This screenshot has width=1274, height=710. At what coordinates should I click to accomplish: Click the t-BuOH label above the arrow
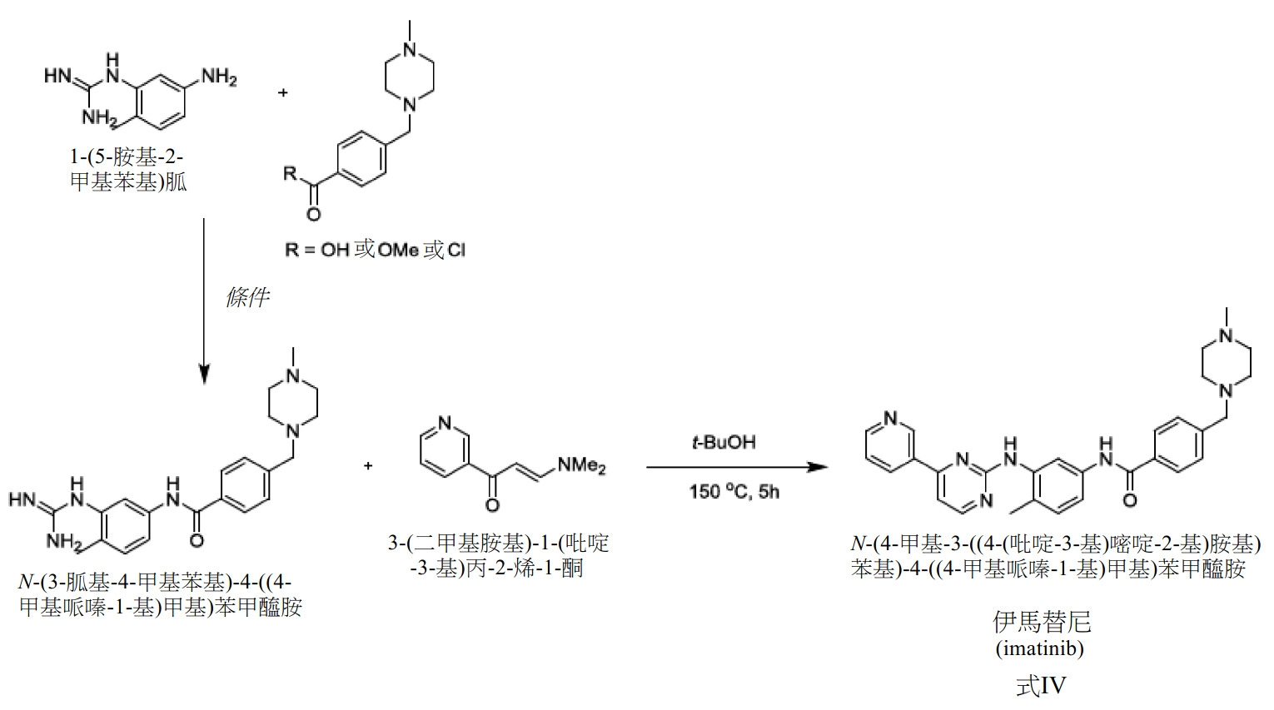coord(724,442)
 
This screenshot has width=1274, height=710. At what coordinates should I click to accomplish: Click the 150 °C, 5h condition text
coord(734,491)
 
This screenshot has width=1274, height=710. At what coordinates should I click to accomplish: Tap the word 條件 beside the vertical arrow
coord(247,296)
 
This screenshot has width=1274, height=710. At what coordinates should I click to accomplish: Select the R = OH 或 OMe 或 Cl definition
coord(376,250)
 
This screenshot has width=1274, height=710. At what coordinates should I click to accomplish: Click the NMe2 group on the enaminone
coord(582,465)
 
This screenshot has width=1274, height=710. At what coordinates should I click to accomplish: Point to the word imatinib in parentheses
coord(1040,648)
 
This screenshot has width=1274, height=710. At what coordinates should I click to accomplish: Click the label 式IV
coord(1041,686)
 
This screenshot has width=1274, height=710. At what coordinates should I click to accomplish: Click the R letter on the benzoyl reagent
coord(291,173)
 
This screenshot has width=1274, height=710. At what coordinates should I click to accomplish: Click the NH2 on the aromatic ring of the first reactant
coord(219,77)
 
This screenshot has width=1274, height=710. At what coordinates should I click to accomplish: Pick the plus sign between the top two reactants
coord(282,92)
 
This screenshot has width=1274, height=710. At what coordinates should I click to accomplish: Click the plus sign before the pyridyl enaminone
coord(368,466)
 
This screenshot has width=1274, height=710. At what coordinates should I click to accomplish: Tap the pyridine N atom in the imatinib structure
coord(891,419)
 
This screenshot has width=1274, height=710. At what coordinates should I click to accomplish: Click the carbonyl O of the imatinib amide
coord(1130,501)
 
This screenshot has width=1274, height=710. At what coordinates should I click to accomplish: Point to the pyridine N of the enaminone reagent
coord(445,423)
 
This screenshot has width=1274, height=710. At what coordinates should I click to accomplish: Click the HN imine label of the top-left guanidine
coord(57,77)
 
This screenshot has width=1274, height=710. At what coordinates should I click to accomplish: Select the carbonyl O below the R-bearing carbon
coord(313,214)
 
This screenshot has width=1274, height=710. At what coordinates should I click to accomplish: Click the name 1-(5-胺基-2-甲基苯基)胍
coord(128,170)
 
